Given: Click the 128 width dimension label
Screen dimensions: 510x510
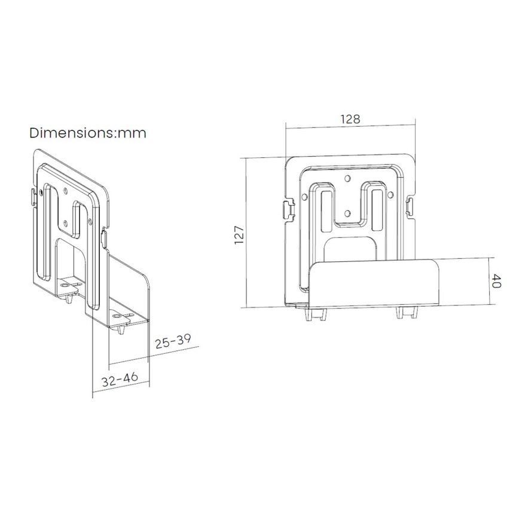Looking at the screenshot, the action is (x=350, y=119).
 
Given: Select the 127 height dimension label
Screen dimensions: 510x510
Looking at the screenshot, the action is (x=239, y=235).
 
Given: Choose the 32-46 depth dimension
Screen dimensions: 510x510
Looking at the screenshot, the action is (x=120, y=379).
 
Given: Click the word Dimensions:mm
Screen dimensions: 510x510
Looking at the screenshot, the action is (x=88, y=133).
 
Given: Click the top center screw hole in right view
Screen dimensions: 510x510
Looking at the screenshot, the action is (x=347, y=178).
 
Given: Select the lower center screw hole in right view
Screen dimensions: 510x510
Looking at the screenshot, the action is (x=347, y=213).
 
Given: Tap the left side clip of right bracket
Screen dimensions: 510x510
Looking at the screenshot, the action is (x=289, y=210).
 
